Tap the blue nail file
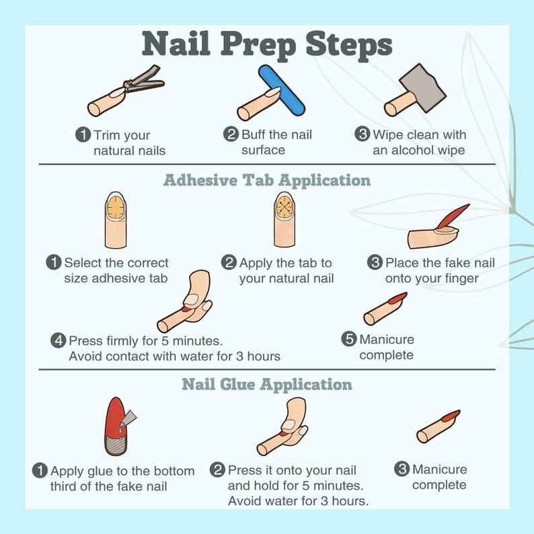pyautogui.click(x=281, y=90)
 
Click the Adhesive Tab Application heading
pyautogui.click(x=267, y=180)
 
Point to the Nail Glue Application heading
pyautogui.click(x=267, y=385)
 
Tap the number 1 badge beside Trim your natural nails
pyautogui.click(x=83, y=135)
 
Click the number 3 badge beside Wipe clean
pyautogui.click(x=362, y=134)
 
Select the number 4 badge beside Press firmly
pyautogui.click(x=59, y=340)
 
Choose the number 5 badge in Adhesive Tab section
pyautogui.click(x=349, y=339)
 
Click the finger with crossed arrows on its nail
pyautogui.click(x=284, y=219)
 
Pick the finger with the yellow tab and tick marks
pyautogui.click(x=116, y=220)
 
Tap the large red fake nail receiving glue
pyautogui.click(x=116, y=426)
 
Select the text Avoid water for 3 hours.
pyautogui.click(x=298, y=501)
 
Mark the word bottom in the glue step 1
pyautogui.click(x=174, y=471)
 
